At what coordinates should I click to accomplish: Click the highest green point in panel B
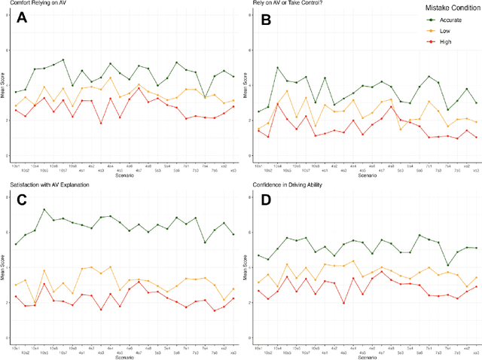277,68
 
